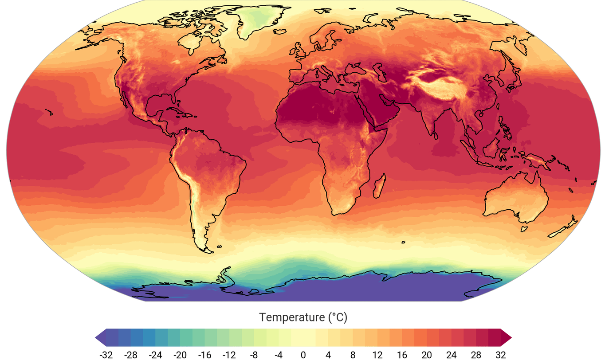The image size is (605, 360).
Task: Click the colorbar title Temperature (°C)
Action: (303, 317)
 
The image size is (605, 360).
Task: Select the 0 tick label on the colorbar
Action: (303, 354)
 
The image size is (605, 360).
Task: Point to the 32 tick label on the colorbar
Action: (501, 354)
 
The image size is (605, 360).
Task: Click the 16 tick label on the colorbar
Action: (402, 354)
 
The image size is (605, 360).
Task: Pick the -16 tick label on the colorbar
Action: (204, 354)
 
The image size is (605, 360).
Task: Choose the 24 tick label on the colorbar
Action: (451, 354)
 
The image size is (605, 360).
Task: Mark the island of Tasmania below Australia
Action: (524, 229)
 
